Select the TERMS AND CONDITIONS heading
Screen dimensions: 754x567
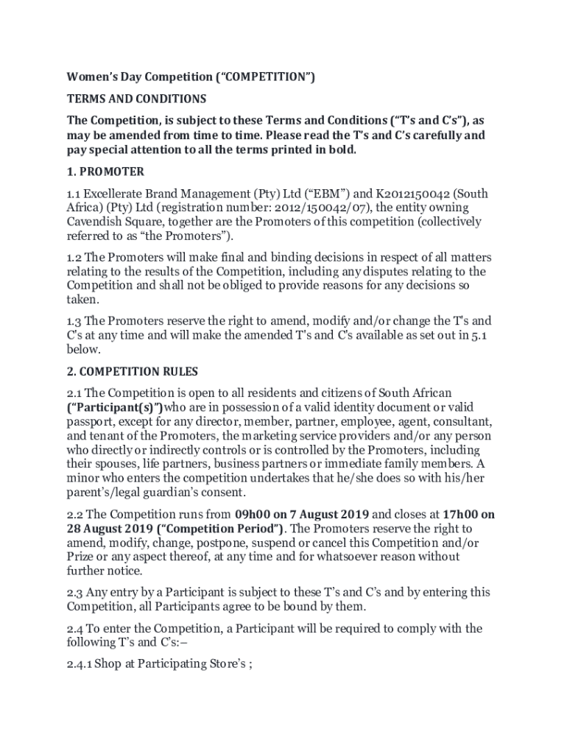tap(137, 99)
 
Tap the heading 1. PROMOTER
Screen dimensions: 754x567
tap(105, 172)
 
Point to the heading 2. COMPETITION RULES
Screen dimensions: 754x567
tap(133, 371)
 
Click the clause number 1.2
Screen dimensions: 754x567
tap(75, 258)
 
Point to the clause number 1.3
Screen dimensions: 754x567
tap(75, 321)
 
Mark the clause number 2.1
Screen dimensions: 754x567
tap(75, 393)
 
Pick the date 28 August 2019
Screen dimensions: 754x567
tap(109, 529)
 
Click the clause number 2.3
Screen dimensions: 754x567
tap(75, 592)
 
